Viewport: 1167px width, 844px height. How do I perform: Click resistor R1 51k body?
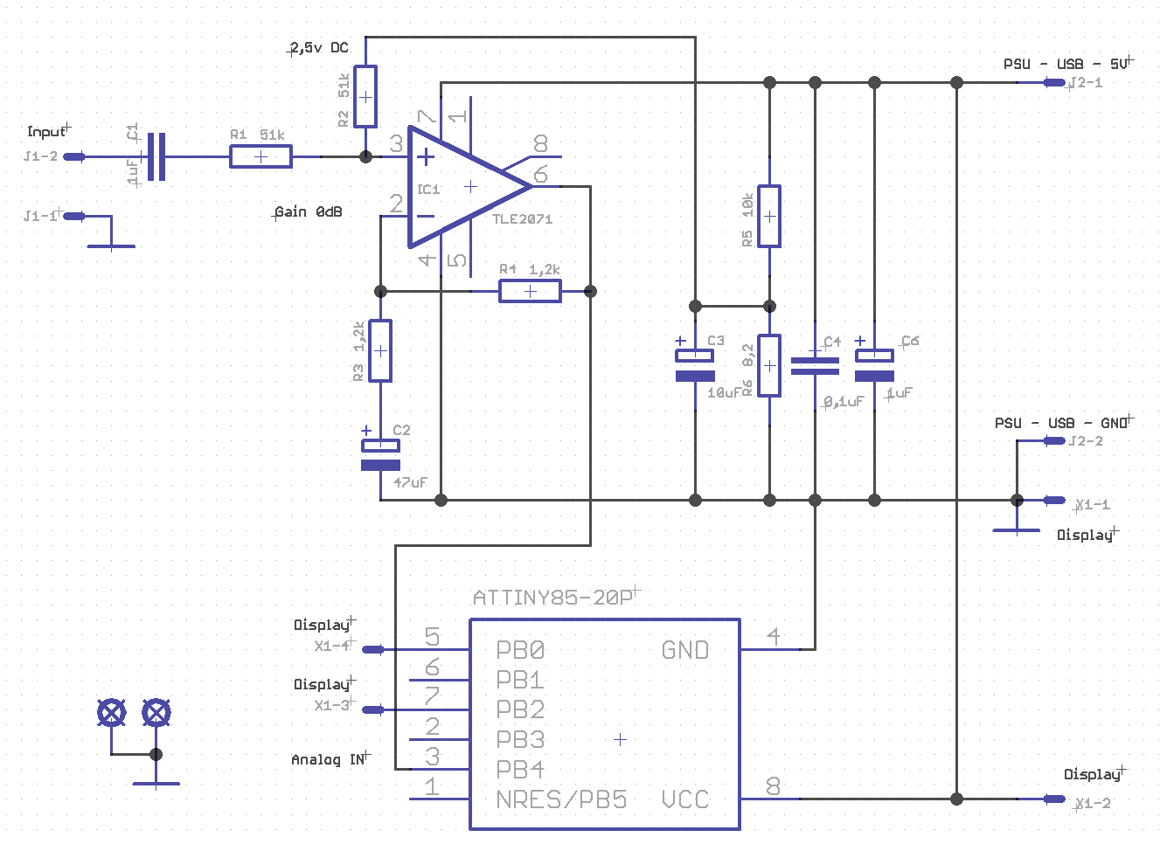[260, 156]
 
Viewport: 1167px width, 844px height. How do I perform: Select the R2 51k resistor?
[365, 96]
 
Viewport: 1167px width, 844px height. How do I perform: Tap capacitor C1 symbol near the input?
[156, 156]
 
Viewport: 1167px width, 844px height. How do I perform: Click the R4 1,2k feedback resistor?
[530, 291]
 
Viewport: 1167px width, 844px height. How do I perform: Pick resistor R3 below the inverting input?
[380, 350]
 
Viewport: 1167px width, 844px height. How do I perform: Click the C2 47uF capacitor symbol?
[380, 454]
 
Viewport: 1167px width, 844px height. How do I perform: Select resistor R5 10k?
[769, 216]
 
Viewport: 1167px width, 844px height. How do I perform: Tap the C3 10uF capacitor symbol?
[695, 365]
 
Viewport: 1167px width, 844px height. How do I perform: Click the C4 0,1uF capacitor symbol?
[815, 365]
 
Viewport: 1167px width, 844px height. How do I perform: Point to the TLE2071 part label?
[523, 219]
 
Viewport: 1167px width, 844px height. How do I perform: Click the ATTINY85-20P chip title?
[552, 598]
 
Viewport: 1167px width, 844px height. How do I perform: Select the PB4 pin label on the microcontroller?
[520, 770]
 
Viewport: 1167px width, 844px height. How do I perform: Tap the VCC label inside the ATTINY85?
[684, 799]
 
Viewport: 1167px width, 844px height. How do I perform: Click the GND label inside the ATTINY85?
[684, 650]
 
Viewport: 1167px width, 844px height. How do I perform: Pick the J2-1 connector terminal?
[1054, 83]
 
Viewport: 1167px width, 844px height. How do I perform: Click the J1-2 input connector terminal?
[75, 157]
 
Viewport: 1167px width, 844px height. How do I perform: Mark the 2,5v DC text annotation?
[319, 48]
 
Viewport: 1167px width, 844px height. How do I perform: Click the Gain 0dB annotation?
[309, 212]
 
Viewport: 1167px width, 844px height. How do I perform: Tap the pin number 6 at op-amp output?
[540, 174]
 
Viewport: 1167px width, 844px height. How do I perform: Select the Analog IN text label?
[329, 760]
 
